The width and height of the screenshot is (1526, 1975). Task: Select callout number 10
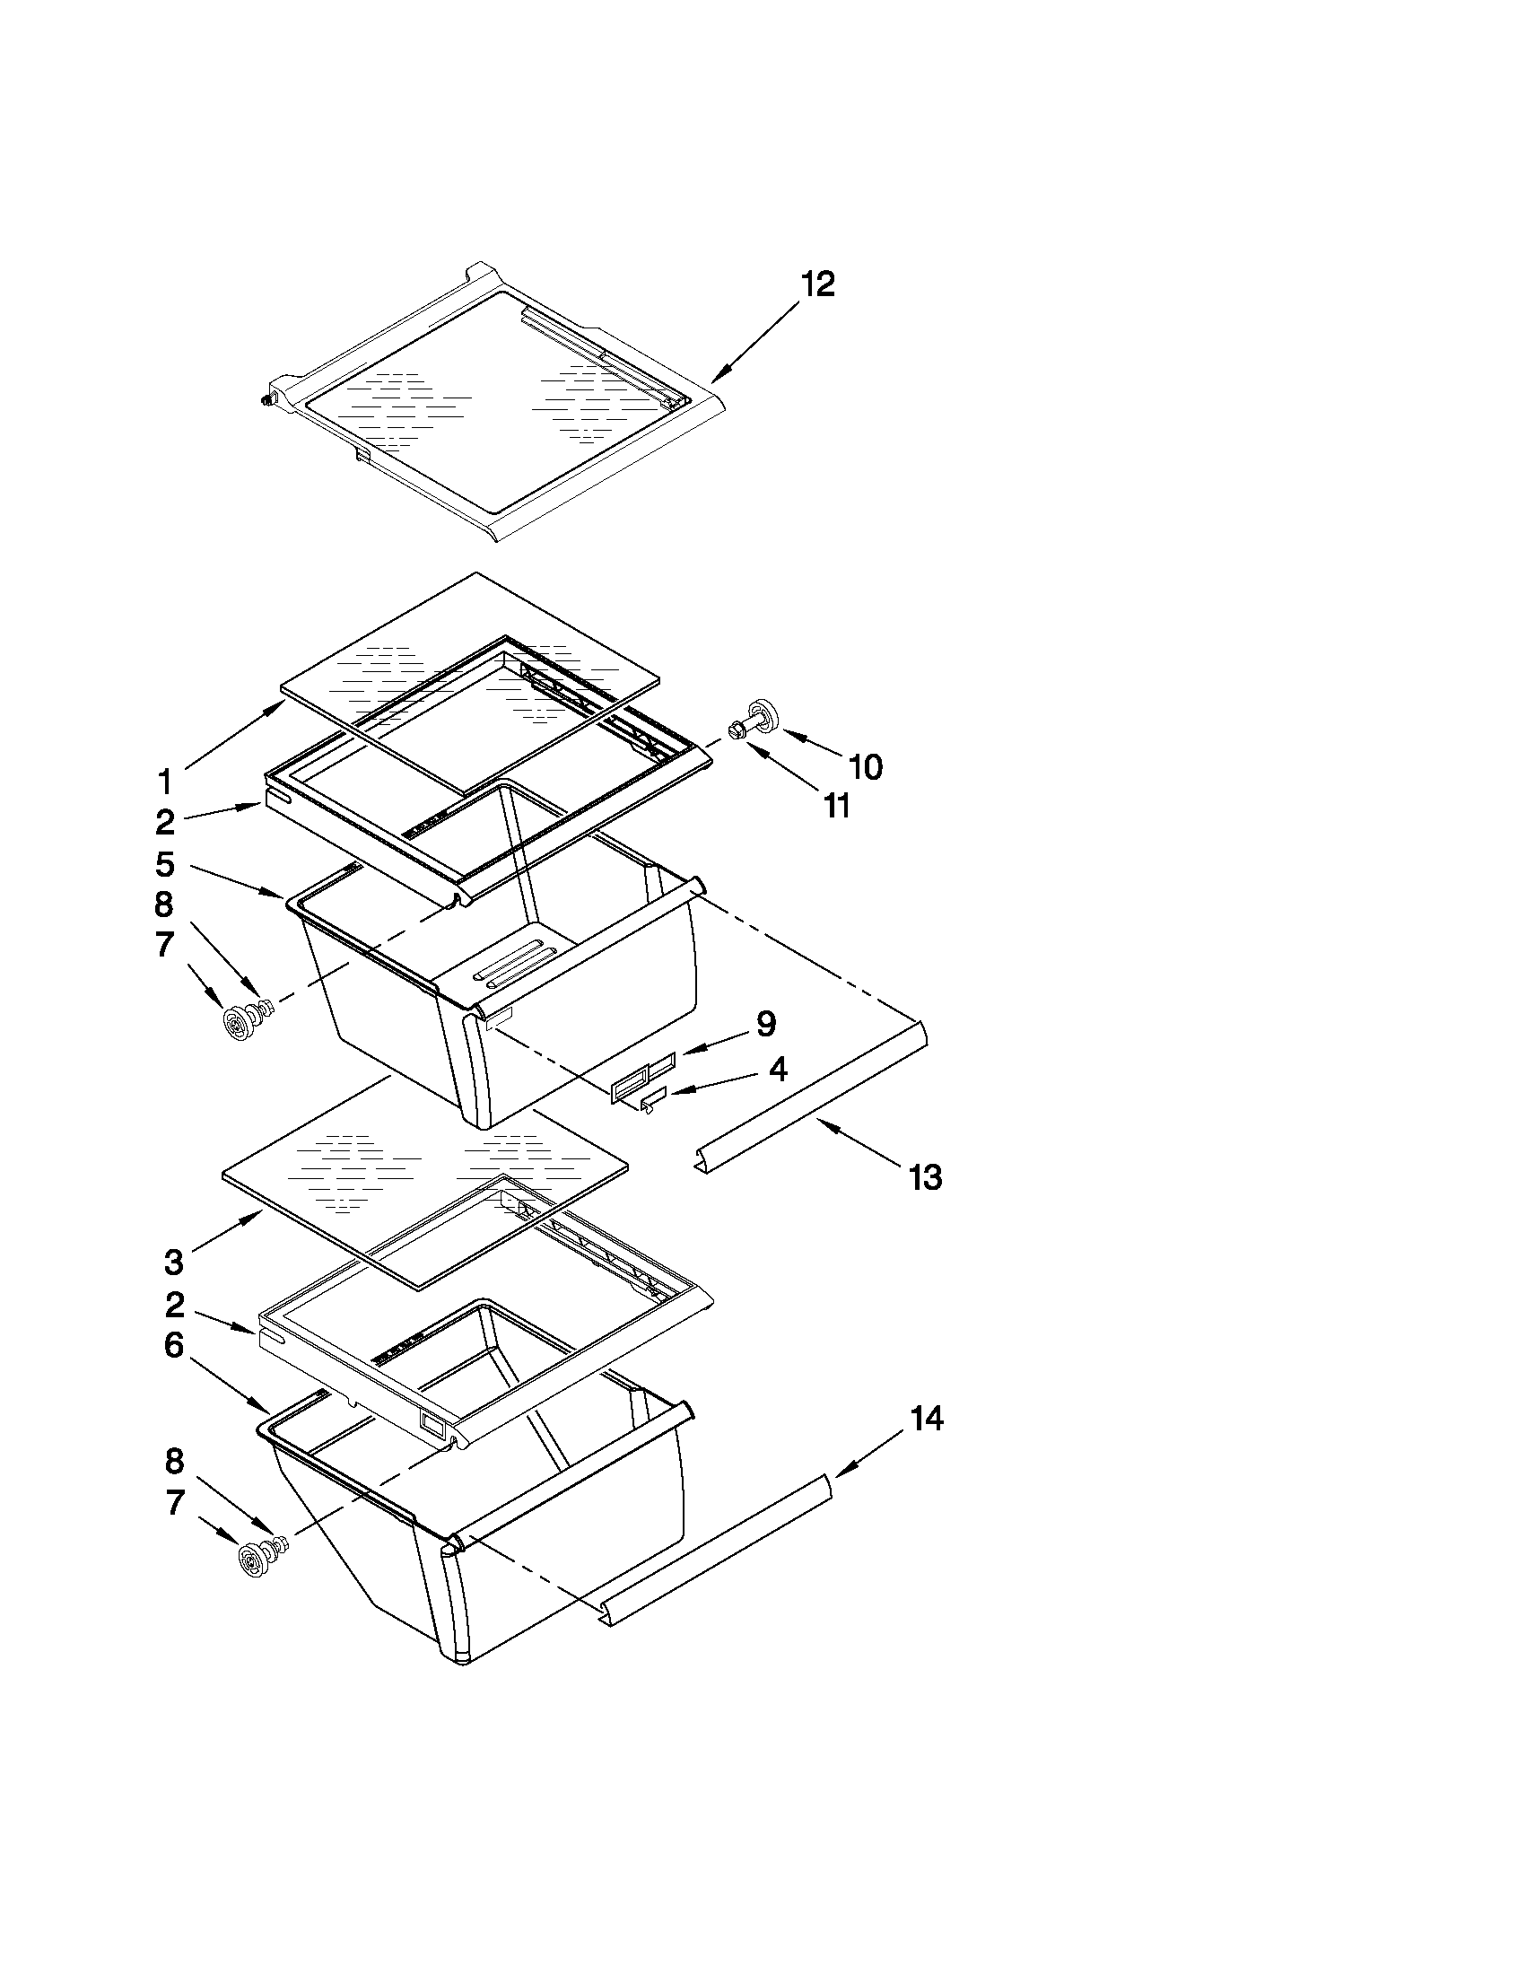pos(865,767)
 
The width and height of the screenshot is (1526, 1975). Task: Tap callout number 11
pos(838,806)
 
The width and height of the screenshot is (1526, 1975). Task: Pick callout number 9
pos(765,1024)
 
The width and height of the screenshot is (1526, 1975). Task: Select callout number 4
pos(778,1070)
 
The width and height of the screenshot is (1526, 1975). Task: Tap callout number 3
pos(173,1261)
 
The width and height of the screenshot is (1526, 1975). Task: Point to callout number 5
pos(164,864)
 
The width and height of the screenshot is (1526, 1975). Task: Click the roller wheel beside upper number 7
pos(238,1023)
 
